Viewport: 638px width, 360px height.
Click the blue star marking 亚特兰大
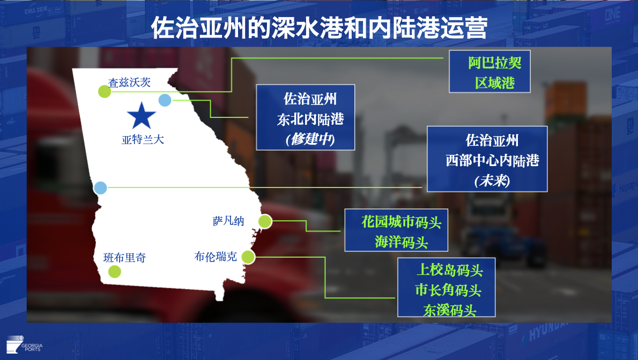(141, 116)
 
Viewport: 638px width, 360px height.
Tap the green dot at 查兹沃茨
(105, 92)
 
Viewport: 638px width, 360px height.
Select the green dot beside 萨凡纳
(265, 221)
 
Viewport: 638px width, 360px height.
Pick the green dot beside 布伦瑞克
(248, 257)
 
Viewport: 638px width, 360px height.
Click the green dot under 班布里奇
(115, 271)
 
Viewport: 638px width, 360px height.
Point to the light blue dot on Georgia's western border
(100, 187)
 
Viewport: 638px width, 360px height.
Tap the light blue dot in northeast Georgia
(165, 100)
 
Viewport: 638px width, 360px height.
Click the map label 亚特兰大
(143, 140)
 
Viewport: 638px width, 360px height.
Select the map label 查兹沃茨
(129, 82)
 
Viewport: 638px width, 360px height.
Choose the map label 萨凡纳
(228, 221)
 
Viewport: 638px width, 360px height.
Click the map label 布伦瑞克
(216, 257)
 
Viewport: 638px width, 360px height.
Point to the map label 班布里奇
(124, 258)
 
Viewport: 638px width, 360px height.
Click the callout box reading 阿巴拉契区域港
(489, 72)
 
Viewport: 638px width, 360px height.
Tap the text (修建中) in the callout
(310, 139)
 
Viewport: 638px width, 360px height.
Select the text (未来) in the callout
(492, 180)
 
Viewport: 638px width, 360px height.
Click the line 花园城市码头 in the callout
(402, 222)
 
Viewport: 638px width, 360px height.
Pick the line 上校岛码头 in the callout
(450, 270)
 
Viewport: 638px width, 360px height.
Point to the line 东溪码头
(450, 310)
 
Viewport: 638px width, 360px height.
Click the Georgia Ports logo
(25, 344)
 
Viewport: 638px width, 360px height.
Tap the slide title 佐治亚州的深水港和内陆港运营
(319, 28)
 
